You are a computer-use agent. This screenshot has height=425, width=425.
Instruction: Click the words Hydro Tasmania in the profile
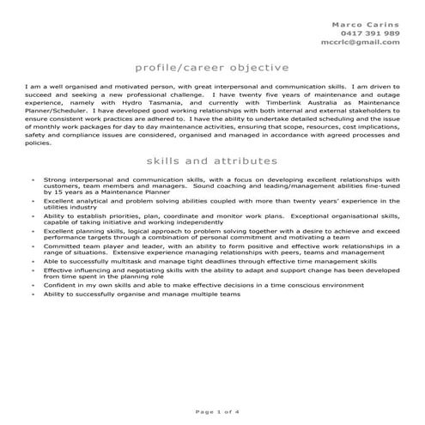[129, 100]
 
